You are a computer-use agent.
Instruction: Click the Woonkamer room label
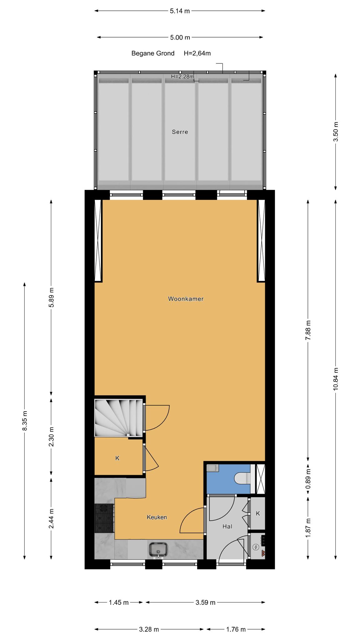coord(186,299)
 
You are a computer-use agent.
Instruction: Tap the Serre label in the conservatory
coord(180,132)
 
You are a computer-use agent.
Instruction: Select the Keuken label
coord(157,517)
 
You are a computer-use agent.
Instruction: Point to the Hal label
coord(227,526)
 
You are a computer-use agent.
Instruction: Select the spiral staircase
coord(119,417)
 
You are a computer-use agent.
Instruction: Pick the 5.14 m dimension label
coord(180,11)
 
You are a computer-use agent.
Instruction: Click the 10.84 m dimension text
coord(336,378)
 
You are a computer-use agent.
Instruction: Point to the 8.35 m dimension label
coord(25,421)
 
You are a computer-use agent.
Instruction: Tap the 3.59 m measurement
coord(205,602)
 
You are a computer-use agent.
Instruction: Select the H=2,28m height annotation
coord(182,76)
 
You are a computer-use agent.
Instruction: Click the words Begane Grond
coord(153,53)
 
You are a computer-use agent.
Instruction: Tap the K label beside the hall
coord(258,513)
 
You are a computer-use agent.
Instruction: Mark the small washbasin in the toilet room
coord(212,468)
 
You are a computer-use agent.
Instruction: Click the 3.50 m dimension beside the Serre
coord(336,131)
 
